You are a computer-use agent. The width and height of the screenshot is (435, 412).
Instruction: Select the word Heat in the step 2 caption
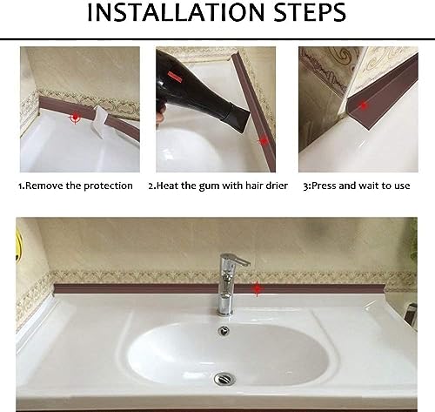168,186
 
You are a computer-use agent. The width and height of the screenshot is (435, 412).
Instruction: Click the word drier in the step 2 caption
273,186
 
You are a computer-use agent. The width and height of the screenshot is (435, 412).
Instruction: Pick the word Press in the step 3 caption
325,186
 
